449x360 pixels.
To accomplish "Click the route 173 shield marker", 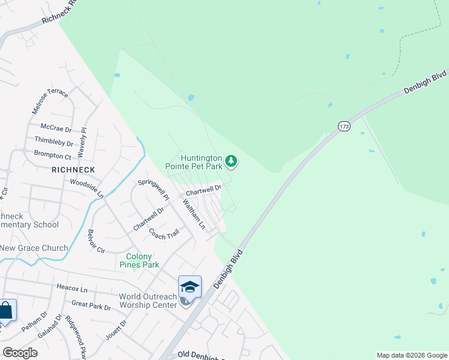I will pyautogui.click(x=343, y=126).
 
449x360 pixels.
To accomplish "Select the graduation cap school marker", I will pyautogui.click(x=190, y=286).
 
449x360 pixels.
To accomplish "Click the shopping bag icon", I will pyautogui.click(x=5, y=311).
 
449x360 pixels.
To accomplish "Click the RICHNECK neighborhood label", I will pyautogui.click(x=73, y=170).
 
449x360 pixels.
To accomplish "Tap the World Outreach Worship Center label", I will pyautogui.click(x=148, y=300).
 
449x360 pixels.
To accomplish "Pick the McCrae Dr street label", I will pyautogui.click(x=56, y=128).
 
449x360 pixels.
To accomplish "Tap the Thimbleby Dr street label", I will pyautogui.click(x=53, y=142).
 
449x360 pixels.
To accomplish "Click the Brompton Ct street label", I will pyautogui.click(x=53, y=154).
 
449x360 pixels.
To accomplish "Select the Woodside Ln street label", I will pyautogui.click(x=87, y=188).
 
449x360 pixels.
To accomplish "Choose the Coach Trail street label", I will pyautogui.click(x=164, y=233).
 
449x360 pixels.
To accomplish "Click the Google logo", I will pyautogui.click(x=20, y=353).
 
